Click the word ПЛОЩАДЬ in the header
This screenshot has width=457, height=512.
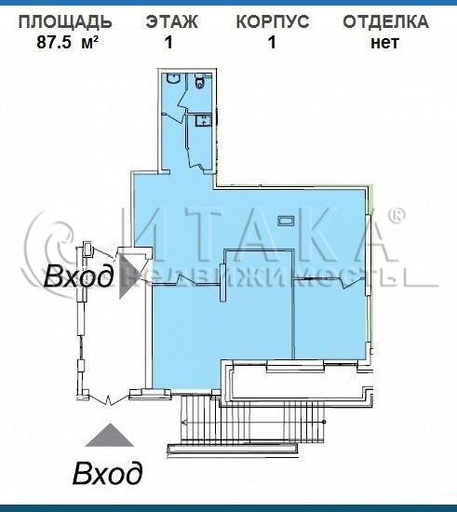click(x=65, y=22)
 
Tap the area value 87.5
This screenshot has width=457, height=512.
click(x=54, y=42)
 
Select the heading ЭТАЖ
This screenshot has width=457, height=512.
click(x=171, y=22)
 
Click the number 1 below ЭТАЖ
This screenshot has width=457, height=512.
click(x=168, y=42)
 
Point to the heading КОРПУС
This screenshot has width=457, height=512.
click(x=273, y=22)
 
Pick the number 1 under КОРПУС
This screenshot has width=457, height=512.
click(x=272, y=42)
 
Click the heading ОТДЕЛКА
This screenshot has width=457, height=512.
click(x=385, y=22)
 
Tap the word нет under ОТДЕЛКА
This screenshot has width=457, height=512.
click(x=384, y=44)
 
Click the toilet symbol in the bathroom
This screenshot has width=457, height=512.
click(x=199, y=82)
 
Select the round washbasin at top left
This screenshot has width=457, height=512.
click(x=172, y=79)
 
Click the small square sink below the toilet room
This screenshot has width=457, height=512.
click(x=203, y=121)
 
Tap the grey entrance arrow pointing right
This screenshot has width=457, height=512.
click(x=129, y=276)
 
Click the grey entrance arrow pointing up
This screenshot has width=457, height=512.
click(x=110, y=435)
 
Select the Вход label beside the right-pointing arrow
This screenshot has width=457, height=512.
click(x=79, y=276)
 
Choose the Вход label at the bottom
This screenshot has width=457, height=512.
click(x=108, y=473)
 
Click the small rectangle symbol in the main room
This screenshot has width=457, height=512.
click(x=287, y=221)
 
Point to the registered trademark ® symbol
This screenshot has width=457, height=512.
click(x=397, y=216)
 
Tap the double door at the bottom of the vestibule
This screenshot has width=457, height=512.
click(x=109, y=399)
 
